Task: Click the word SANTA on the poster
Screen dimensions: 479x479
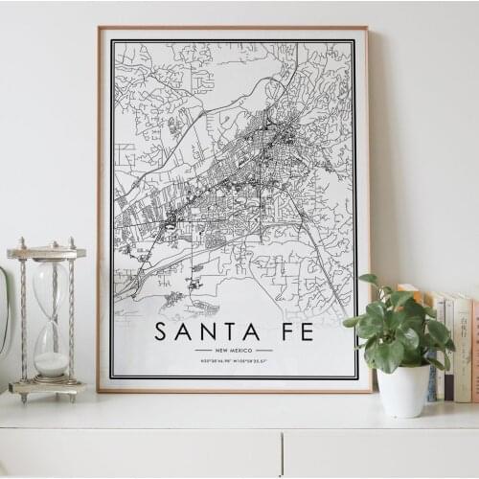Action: point(207,332)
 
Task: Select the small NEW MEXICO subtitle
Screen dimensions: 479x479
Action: point(234,351)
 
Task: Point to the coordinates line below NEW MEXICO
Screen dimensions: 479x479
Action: point(234,362)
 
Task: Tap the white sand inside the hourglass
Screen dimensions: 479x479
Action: point(52,364)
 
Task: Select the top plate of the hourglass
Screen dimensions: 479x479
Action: point(46,253)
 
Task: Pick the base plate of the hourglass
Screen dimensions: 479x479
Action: point(47,387)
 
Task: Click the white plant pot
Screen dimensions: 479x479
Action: point(403,390)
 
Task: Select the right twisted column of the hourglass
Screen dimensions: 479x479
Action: point(70,320)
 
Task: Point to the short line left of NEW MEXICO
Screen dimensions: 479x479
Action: point(203,351)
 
